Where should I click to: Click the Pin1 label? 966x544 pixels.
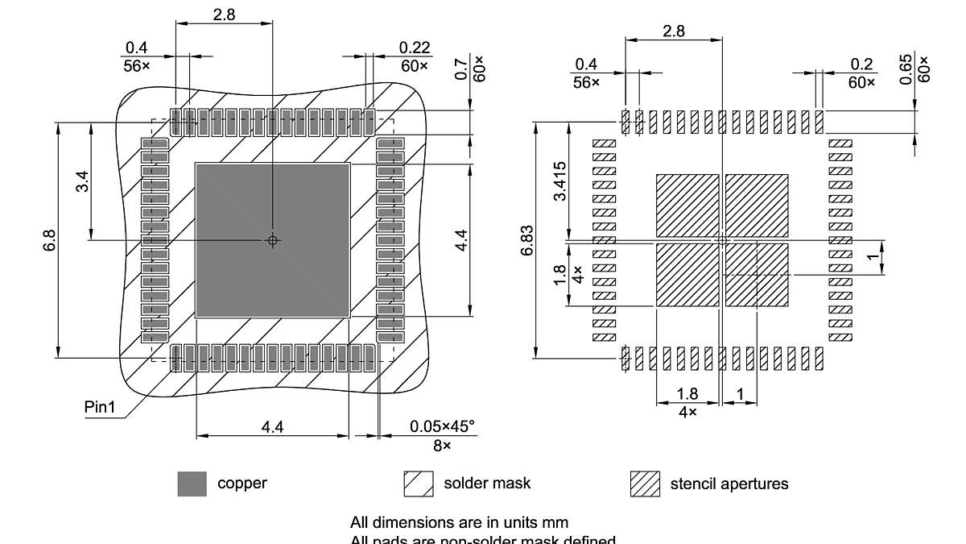click(x=101, y=407)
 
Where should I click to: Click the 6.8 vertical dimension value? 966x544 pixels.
click(x=49, y=240)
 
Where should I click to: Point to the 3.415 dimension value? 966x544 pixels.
click(x=559, y=181)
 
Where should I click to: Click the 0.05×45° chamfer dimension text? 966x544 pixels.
click(x=442, y=426)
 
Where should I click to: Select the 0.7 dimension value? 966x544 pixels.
click(x=461, y=69)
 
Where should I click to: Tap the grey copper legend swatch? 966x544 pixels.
click(x=192, y=484)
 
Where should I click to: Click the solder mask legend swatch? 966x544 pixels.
click(x=418, y=484)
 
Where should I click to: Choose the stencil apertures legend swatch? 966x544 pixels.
click(x=645, y=484)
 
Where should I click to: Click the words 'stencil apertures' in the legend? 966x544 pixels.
click(x=729, y=484)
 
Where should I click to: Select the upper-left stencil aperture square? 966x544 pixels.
click(x=687, y=206)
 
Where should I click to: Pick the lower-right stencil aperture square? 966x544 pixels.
click(x=757, y=275)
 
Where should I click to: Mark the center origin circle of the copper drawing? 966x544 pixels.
click(x=273, y=239)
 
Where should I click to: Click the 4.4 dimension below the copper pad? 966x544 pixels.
click(x=272, y=427)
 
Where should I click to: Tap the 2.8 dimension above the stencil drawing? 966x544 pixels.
click(x=674, y=31)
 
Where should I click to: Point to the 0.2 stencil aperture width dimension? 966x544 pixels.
click(x=862, y=64)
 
